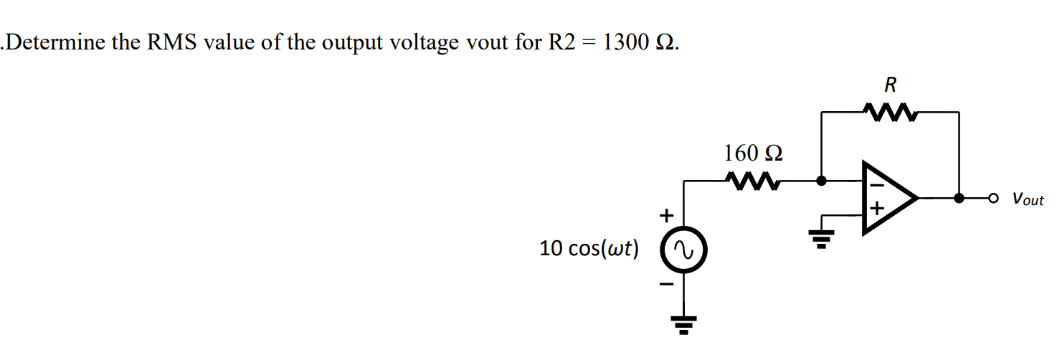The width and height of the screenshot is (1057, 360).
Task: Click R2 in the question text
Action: pyautogui.click(x=561, y=42)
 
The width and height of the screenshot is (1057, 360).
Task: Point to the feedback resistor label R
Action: pyautogui.click(x=890, y=85)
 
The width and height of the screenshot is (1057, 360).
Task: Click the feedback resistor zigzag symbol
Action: pyautogui.click(x=890, y=112)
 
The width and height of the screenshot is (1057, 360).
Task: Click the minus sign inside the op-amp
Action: pyautogui.click(x=876, y=185)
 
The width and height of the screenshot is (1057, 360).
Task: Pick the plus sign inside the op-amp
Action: pyautogui.click(x=876, y=210)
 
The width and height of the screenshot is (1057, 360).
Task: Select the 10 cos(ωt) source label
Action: pyautogui.click(x=589, y=249)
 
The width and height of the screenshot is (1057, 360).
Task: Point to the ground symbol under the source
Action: pyautogui.click(x=683, y=326)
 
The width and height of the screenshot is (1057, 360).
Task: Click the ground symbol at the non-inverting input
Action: pyautogui.click(x=821, y=237)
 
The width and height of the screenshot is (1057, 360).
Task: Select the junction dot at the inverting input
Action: pyautogui.click(x=822, y=181)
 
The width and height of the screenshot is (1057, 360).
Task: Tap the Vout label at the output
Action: pyautogui.click(x=1028, y=199)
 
